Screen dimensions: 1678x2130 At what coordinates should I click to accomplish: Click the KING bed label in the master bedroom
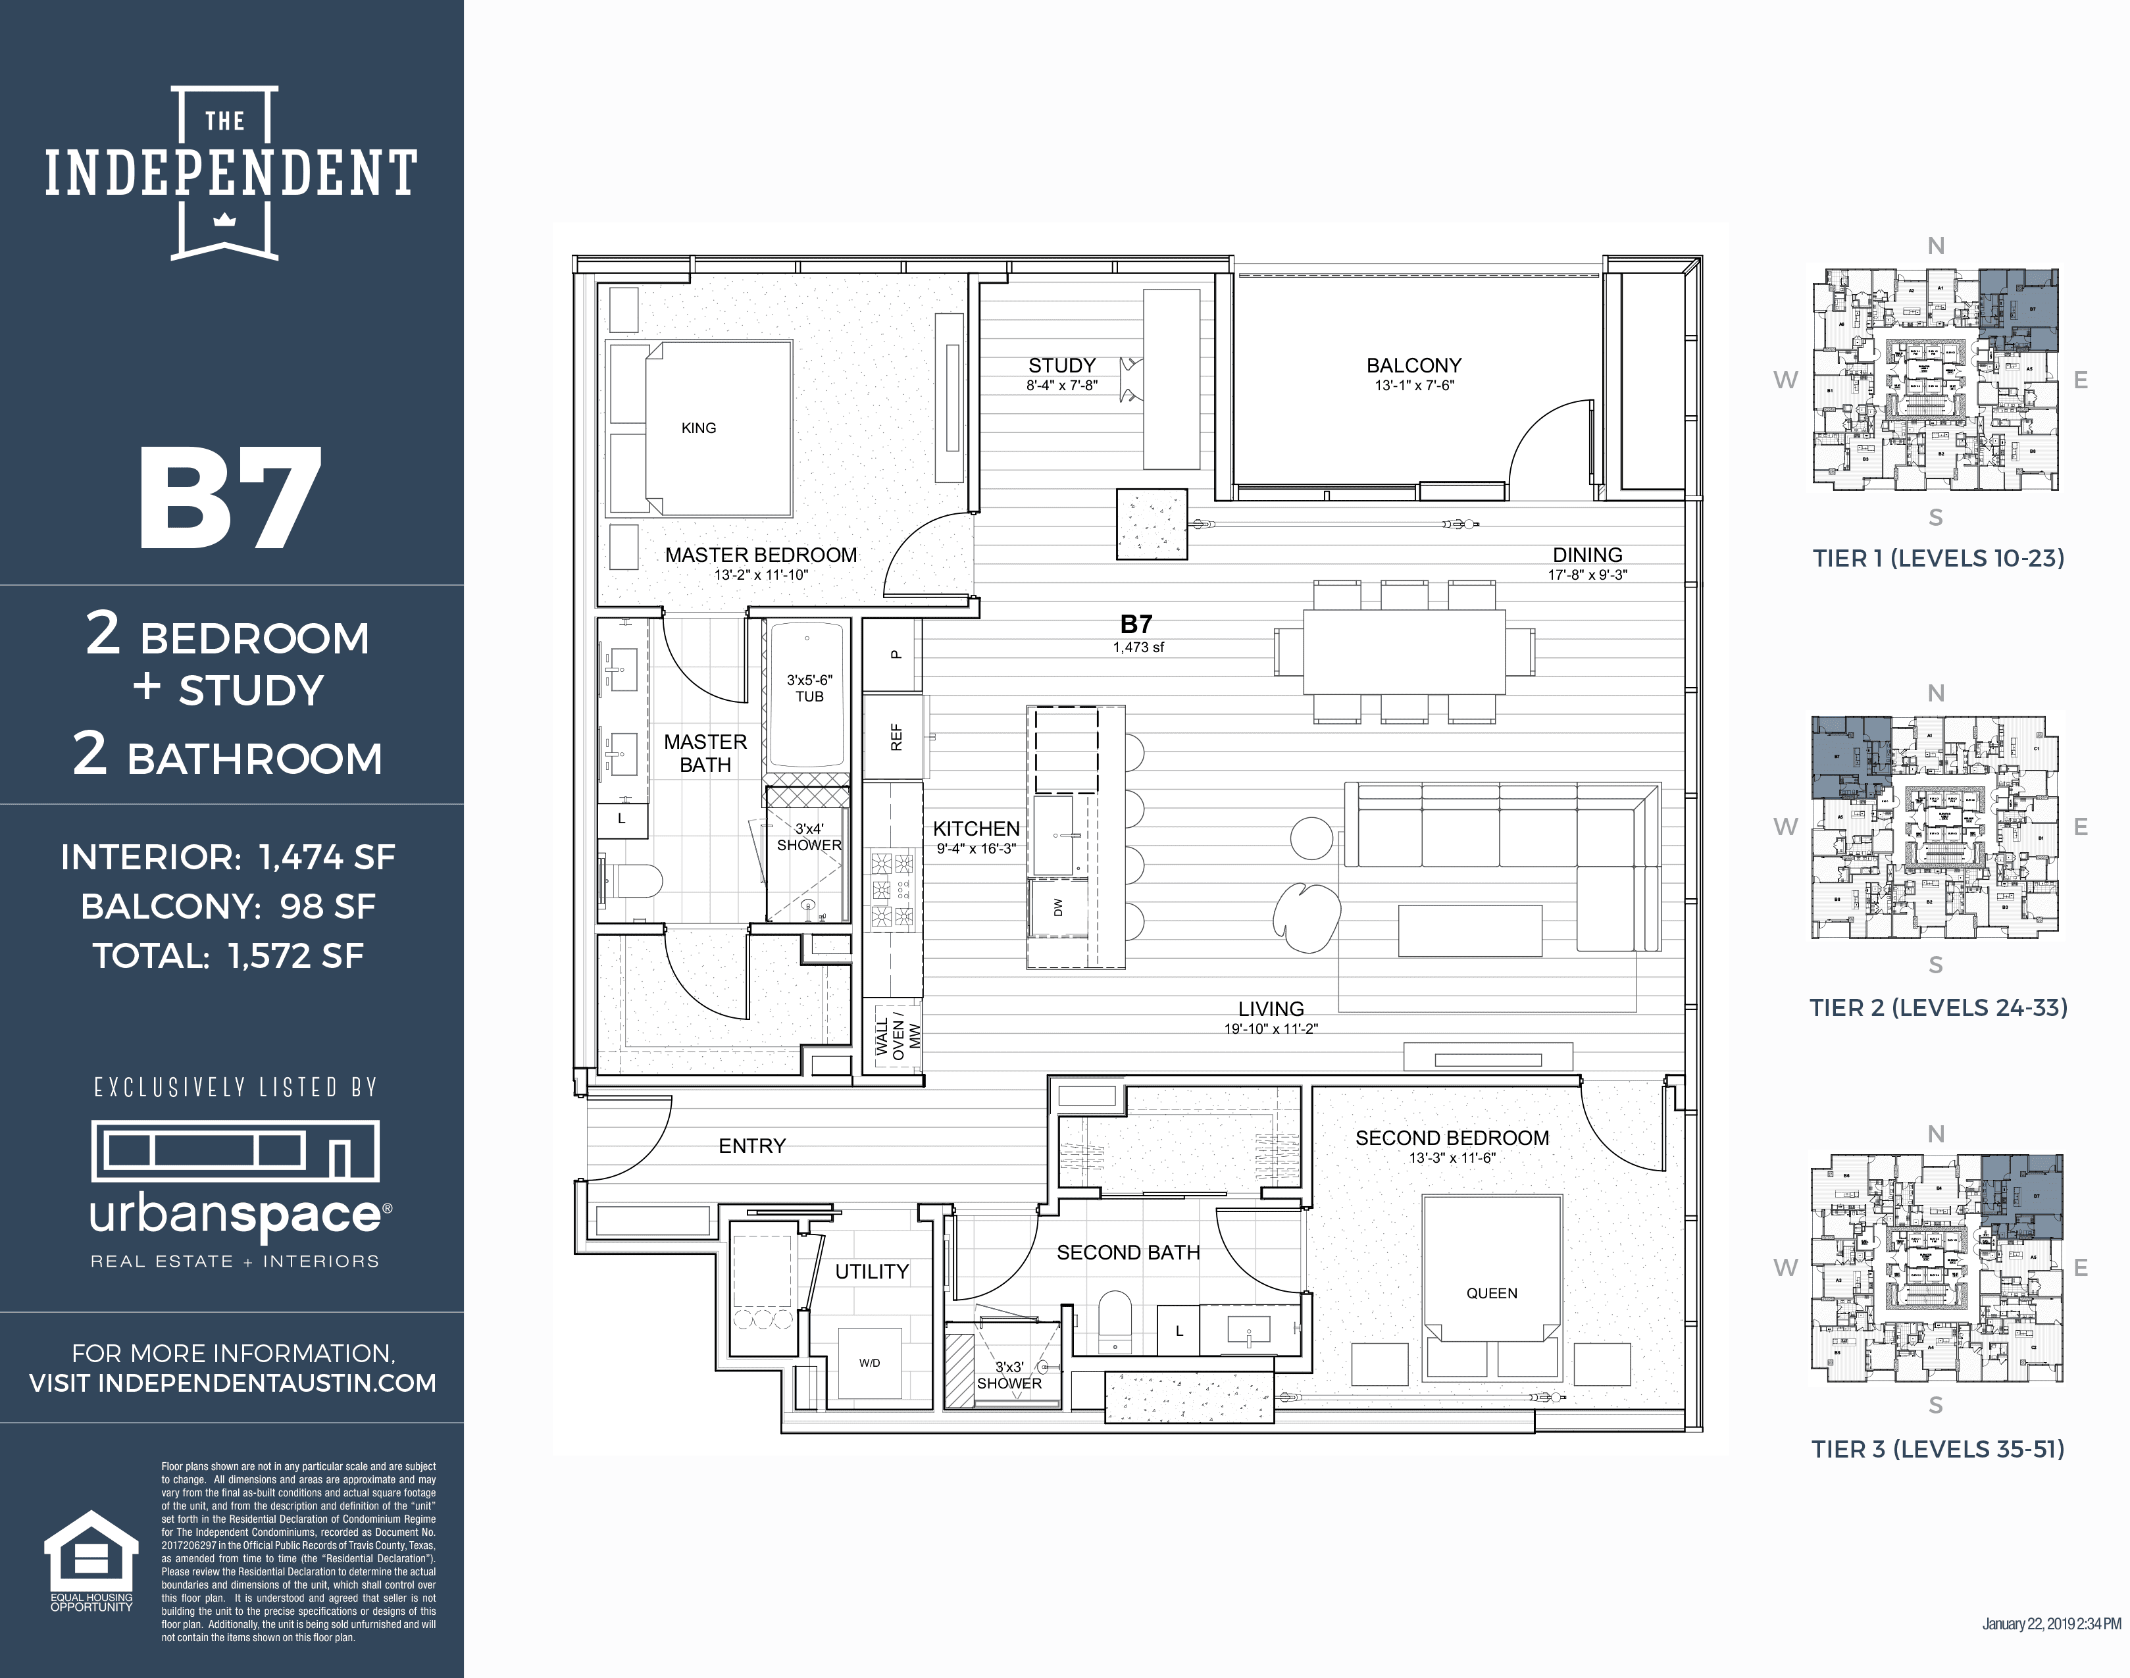click(699, 427)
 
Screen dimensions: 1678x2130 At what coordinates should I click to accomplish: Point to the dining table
click(1404, 651)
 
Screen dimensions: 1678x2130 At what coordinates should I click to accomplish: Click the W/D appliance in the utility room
click(869, 1363)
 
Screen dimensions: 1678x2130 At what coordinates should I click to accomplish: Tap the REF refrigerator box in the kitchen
click(895, 737)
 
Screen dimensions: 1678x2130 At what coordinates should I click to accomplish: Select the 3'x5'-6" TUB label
click(809, 688)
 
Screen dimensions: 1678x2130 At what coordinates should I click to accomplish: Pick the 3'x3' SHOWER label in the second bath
click(1009, 1375)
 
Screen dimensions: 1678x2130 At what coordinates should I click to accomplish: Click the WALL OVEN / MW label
click(897, 1036)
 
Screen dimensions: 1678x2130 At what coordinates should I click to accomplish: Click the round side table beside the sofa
click(1311, 838)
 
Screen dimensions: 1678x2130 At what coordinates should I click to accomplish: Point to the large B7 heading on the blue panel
click(230, 499)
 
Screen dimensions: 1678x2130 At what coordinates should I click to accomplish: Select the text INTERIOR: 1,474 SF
click(228, 857)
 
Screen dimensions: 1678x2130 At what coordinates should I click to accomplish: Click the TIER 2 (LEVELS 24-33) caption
click(1937, 1007)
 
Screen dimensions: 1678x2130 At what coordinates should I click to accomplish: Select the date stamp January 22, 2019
click(2050, 1624)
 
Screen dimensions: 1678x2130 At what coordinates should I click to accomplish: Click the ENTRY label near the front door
click(751, 1146)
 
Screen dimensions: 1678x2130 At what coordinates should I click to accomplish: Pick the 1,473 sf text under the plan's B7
click(1138, 646)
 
